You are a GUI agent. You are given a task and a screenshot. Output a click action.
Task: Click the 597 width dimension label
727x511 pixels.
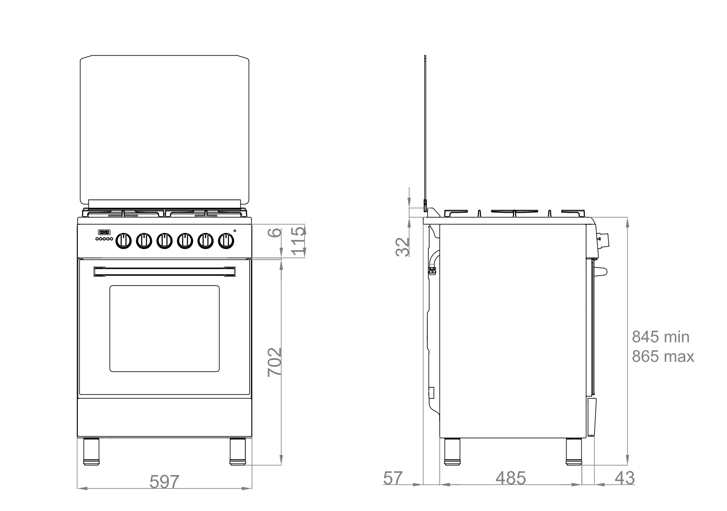pos(164,482)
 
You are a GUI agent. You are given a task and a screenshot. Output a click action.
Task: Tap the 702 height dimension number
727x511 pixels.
pos(274,362)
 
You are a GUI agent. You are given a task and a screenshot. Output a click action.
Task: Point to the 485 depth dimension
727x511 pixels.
pos(510,478)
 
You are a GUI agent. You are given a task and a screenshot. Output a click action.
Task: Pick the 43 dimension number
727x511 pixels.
pos(625,478)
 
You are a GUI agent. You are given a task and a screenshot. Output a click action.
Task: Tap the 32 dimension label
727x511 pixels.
pos(403,247)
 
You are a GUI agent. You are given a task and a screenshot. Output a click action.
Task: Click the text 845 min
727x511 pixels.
pos(660,337)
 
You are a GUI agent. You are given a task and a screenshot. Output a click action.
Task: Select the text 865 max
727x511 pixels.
pos(663,356)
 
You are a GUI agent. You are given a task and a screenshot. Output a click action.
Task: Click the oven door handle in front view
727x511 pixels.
pos(164,272)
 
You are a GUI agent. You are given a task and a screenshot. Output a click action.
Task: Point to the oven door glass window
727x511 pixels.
pos(164,328)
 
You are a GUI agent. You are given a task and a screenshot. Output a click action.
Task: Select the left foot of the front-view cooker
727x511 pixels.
pos(91,451)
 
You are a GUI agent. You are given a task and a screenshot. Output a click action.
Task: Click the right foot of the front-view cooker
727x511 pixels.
pos(238,451)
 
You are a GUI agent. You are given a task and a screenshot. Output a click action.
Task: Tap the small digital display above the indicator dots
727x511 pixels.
pos(104,232)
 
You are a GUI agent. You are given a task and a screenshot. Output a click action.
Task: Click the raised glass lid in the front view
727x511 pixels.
pos(164,128)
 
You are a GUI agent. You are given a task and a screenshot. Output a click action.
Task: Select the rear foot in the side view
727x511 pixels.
pos(452,451)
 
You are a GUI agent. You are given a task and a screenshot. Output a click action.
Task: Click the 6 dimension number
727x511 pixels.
pos(277,232)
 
